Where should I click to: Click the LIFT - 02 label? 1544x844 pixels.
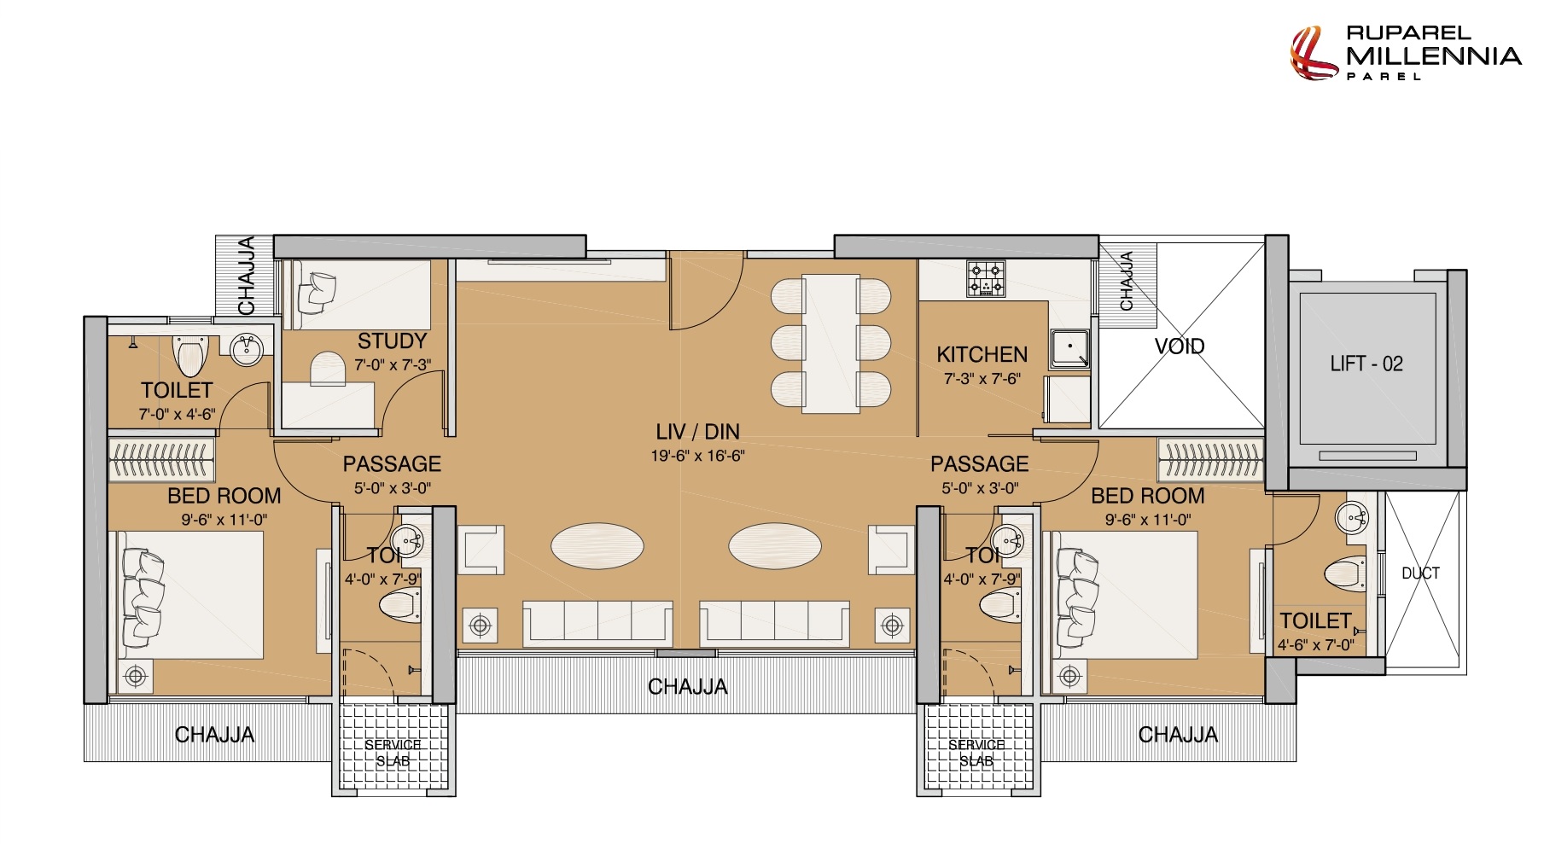pos(1366,364)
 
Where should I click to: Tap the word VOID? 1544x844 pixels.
pos(1180,346)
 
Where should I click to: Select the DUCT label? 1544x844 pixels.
pos(1420,573)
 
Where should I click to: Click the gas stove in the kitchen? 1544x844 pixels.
pos(986,279)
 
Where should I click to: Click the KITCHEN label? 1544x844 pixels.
pos(982,354)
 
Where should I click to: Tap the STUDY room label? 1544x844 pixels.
pos(392,341)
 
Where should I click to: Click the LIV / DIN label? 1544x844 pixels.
pos(697,432)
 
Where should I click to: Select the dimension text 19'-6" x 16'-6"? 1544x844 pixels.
pos(697,456)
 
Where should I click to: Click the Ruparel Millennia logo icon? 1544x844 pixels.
pos(1313,53)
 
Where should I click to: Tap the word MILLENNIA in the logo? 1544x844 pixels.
pos(1434,56)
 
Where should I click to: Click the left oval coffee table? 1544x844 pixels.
pos(597,545)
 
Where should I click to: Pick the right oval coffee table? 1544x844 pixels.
pos(775,545)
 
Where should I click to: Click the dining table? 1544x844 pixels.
pos(830,343)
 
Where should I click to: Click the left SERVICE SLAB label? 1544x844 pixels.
pos(393,753)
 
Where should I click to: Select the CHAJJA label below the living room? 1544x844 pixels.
pos(688,687)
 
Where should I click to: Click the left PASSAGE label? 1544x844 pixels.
pos(392,464)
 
